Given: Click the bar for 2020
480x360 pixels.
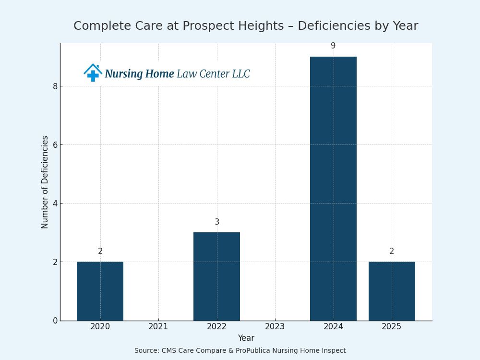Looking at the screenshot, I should (100, 291).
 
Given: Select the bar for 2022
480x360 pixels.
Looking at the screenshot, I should (216, 276).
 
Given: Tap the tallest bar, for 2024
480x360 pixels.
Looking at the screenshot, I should (333, 188).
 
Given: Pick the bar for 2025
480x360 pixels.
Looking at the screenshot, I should (392, 291).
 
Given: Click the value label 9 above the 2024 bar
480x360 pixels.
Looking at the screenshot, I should (333, 46).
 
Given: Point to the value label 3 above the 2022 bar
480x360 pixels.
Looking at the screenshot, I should (217, 222).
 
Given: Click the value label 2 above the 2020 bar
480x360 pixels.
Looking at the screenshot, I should (100, 252).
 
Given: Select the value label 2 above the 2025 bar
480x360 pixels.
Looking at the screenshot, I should (392, 252).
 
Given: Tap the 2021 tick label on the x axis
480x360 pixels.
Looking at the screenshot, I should (158, 327).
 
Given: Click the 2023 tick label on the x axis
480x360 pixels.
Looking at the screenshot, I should (275, 327).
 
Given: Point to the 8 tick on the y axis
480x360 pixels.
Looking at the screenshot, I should (55, 86).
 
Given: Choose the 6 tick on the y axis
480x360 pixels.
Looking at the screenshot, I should (55, 145).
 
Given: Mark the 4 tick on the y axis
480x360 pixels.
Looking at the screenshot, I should (55, 204).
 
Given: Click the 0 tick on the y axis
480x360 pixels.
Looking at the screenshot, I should (55, 321).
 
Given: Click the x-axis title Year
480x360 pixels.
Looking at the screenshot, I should (246, 338).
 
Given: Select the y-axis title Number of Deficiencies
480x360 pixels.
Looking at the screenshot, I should (45, 182).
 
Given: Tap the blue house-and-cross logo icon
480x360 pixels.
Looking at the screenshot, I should (93, 72).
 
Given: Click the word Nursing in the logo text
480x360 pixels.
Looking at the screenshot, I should (123, 74).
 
